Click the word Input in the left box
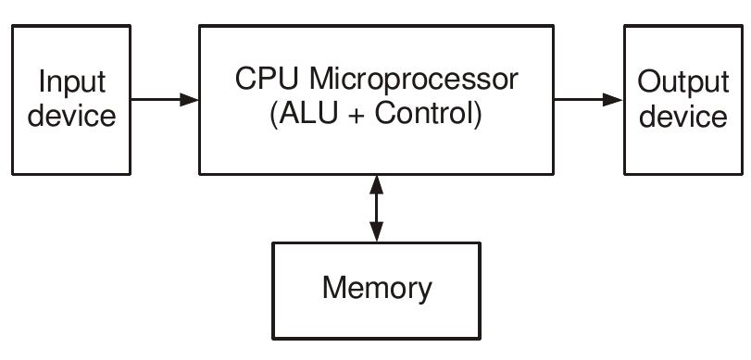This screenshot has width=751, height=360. (70, 83)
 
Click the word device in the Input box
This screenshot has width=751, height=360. (70, 117)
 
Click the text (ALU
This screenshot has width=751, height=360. (299, 117)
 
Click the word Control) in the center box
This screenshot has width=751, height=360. (423, 117)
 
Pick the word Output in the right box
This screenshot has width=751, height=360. (683, 83)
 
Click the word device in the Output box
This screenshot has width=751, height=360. (683, 117)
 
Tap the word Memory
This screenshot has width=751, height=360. (377, 288)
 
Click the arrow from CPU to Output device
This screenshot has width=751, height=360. (588, 99)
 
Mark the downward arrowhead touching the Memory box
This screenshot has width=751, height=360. (376, 233)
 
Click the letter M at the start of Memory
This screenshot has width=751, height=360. (333, 288)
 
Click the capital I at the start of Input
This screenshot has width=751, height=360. (42, 83)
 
